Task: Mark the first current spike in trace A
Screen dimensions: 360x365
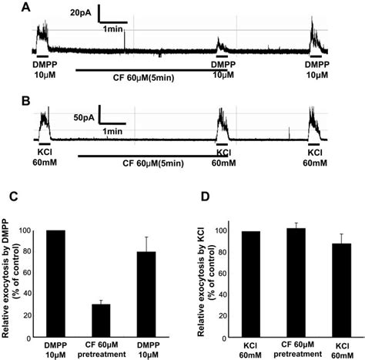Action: click(40, 35)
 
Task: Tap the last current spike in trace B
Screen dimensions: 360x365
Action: click(316, 125)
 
